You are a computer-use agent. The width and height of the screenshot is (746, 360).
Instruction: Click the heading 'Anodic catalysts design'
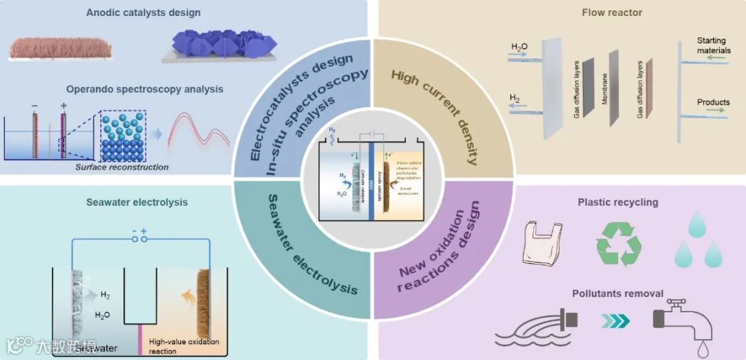tap(144, 12)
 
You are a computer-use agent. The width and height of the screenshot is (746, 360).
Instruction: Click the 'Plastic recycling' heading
tap(618, 202)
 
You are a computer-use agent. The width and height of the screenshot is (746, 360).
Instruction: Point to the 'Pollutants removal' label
tap(618, 294)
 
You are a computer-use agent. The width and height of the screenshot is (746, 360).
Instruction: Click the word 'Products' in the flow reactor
tap(713, 102)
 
